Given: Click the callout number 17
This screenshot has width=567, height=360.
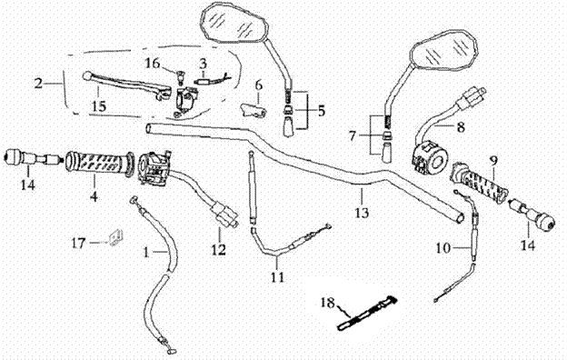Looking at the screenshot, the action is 79,243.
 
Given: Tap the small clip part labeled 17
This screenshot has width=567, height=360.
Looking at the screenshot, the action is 115,237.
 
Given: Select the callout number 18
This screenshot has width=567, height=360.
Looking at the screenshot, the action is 328,302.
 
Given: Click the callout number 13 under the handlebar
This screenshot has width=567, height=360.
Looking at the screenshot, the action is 363,212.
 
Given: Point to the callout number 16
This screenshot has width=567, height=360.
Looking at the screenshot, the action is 153,64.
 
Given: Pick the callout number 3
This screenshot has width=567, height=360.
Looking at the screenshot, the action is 203,64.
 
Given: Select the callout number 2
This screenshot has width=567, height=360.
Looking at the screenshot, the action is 38,84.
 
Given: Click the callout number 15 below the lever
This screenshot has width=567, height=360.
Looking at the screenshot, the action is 99,106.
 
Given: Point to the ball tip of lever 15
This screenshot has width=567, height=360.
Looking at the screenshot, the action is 87,76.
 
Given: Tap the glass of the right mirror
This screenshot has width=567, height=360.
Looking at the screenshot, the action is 444,51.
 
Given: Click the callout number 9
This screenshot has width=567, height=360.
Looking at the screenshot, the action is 494,160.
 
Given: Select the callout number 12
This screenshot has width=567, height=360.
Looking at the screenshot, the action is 219,249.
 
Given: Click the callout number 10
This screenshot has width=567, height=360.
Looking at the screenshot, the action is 443,248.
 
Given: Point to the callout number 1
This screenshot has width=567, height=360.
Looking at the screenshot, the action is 146,252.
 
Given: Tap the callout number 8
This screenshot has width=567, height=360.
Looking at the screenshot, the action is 461,126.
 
